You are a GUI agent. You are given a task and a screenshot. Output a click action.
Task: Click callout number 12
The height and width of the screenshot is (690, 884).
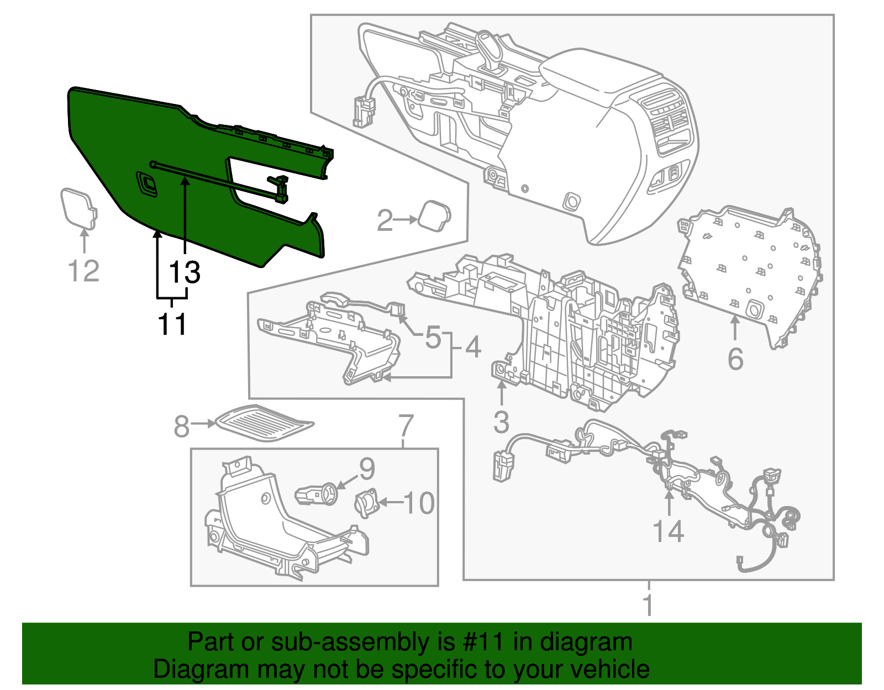pyautogui.click(x=83, y=271)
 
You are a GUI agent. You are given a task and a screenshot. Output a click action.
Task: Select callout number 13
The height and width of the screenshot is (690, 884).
pyautogui.click(x=185, y=272)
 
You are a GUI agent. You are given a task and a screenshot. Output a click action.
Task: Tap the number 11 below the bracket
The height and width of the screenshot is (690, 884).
pyautogui.click(x=172, y=324)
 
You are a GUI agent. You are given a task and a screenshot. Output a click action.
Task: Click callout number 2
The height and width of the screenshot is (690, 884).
pyautogui.click(x=385, y=220)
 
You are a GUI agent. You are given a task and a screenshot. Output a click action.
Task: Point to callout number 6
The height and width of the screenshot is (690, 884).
pyautogui.click(x=735, y=359)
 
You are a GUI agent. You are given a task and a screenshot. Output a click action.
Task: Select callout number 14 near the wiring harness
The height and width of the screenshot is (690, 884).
pyautogui.click(x=669, y=531)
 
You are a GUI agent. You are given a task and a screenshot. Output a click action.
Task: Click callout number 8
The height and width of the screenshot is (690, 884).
pyautogui.click(x=181, y=426)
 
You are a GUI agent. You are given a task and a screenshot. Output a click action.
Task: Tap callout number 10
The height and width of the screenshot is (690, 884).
pyautogui.click(x=419, y=503)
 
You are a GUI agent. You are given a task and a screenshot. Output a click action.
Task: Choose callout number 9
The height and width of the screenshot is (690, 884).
pyautogui.click(x=367, y=468)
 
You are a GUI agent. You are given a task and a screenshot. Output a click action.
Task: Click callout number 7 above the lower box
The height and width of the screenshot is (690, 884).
pyautogui.click(x=406, y=425)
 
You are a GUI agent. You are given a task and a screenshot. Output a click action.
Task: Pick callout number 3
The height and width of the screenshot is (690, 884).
pyautogui.click(x=501, y=422)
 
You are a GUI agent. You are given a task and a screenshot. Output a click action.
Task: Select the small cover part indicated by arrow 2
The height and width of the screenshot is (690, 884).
pyautogui.click(x=435, y=217)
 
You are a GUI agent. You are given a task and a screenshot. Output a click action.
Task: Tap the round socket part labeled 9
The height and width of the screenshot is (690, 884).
pyautogui.click(x=319, y=493)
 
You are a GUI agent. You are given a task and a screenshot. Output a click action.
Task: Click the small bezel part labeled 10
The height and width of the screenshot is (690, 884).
pyautogui.click(x=365, y=503)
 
